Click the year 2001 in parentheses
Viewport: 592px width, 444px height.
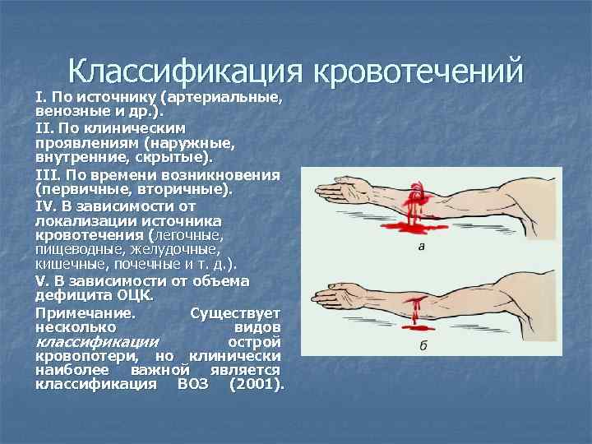(x=257, y=383)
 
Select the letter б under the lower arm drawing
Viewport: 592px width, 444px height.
(x=423, y=345)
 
